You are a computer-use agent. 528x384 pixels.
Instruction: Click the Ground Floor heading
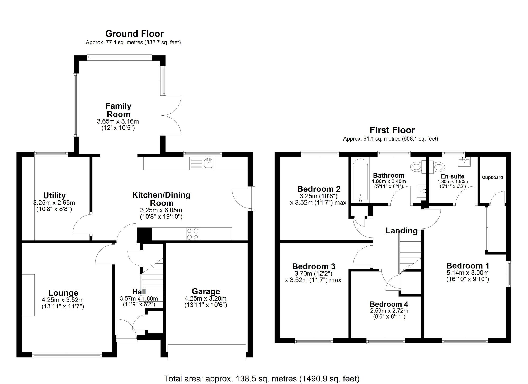click(134, 34)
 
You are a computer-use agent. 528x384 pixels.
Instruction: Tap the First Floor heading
click(392, 130)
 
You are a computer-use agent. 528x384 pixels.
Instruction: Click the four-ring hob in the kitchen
click(193, 234)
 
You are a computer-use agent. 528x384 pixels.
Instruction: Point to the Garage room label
click(206, 291)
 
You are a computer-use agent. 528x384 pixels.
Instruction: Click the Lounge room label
click(63, 293)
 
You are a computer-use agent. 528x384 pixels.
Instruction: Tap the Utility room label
click(54, 195)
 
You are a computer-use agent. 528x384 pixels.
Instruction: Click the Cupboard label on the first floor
click(492, 177)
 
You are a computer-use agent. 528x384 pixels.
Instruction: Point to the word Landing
click(402, 231)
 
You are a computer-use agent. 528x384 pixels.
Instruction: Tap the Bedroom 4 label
click(389, 304)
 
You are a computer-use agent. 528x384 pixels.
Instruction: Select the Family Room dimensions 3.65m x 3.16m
click(118, 121)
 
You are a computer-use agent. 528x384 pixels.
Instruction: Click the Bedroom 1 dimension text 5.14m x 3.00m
click(468, 273)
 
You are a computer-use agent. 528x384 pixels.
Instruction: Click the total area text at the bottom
click(261, 379)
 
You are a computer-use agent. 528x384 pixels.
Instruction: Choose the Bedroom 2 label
click(319, 189)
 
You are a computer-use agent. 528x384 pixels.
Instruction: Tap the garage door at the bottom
click(207, 352)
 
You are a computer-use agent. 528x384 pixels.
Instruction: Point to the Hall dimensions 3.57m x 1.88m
click(139, 299)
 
